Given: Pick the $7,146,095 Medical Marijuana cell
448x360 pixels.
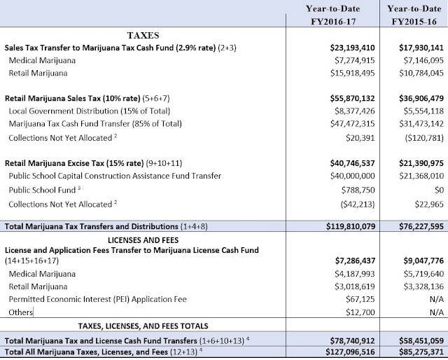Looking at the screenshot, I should tap(419, 62).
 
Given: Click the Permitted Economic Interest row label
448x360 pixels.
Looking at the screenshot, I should tap(98, 297).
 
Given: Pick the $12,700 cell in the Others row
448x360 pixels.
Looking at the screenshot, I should tap(359, 310).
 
